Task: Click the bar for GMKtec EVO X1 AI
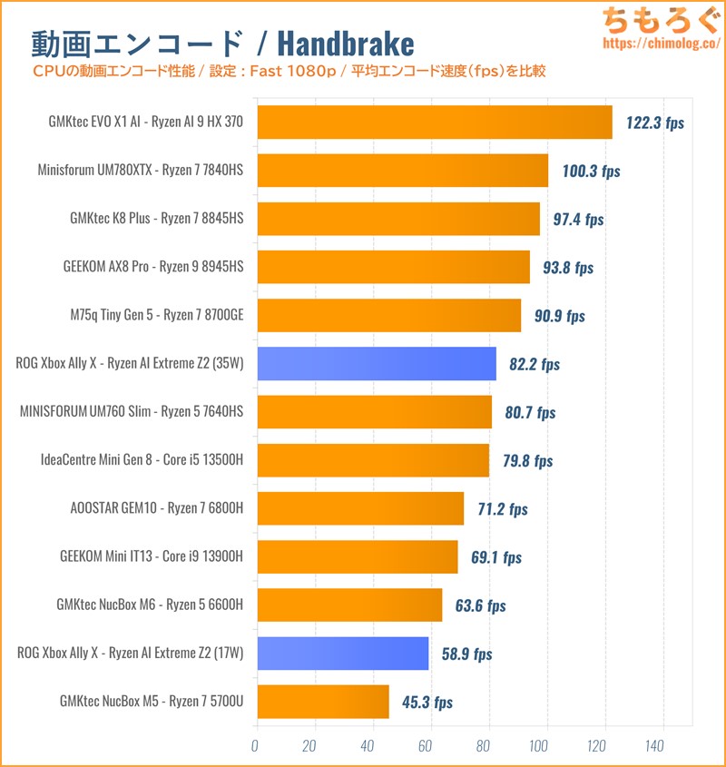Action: click(x=435, y=122)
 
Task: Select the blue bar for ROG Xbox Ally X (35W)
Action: click(x=377, y=363)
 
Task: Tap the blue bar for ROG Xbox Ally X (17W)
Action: click(x=343, y=654)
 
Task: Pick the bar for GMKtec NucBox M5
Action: click(x=323, y=702)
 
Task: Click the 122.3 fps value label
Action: click(x=655, y=123)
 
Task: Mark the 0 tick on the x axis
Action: click(x=255, y=745)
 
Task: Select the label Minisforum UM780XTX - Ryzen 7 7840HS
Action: click(x=141, y=170)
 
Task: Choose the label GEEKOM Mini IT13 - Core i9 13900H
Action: click(x=151, y=556)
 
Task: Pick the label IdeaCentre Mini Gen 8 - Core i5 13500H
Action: click(x=142, y=460)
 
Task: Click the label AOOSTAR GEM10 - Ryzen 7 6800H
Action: click(x=156, y=508)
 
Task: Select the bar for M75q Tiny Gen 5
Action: click(x=389, y=315)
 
